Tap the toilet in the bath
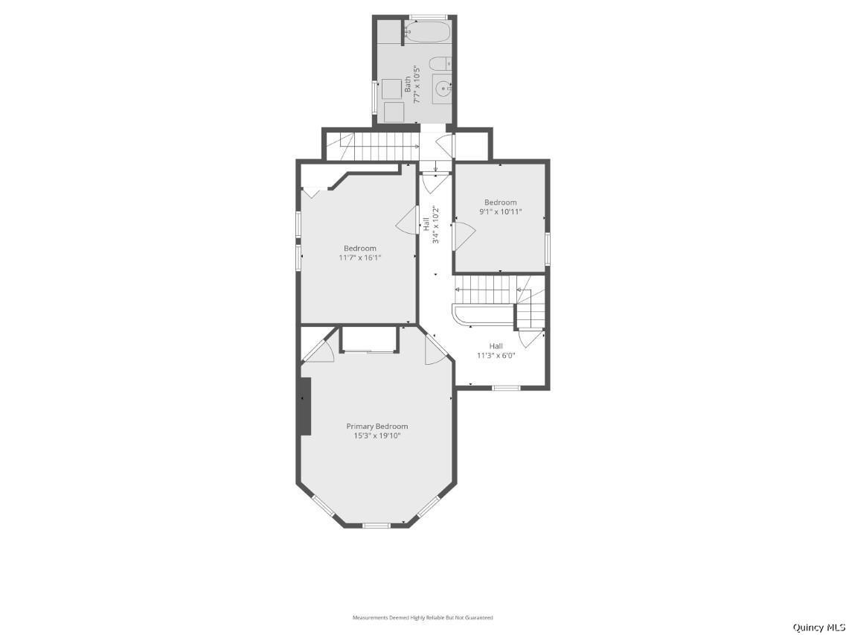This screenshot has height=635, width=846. coord(439,64)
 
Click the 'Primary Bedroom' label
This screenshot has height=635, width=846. coord(377,426)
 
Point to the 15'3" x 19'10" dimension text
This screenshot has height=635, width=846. coord(377,435)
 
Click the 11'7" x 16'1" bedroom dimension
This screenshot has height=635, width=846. coord(360,258)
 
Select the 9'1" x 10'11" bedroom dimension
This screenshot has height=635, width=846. coord(501,211)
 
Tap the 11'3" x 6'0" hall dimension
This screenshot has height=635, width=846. coord(496,355)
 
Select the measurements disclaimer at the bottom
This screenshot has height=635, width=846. coord(423,617)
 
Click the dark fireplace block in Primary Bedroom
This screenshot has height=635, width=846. coord(305,406)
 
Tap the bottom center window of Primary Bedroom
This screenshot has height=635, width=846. coord(376,525)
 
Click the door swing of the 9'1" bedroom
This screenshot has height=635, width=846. coord(464,236)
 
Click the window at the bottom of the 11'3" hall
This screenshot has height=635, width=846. coord(506,387)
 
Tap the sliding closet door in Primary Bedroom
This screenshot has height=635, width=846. coord(369,351)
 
